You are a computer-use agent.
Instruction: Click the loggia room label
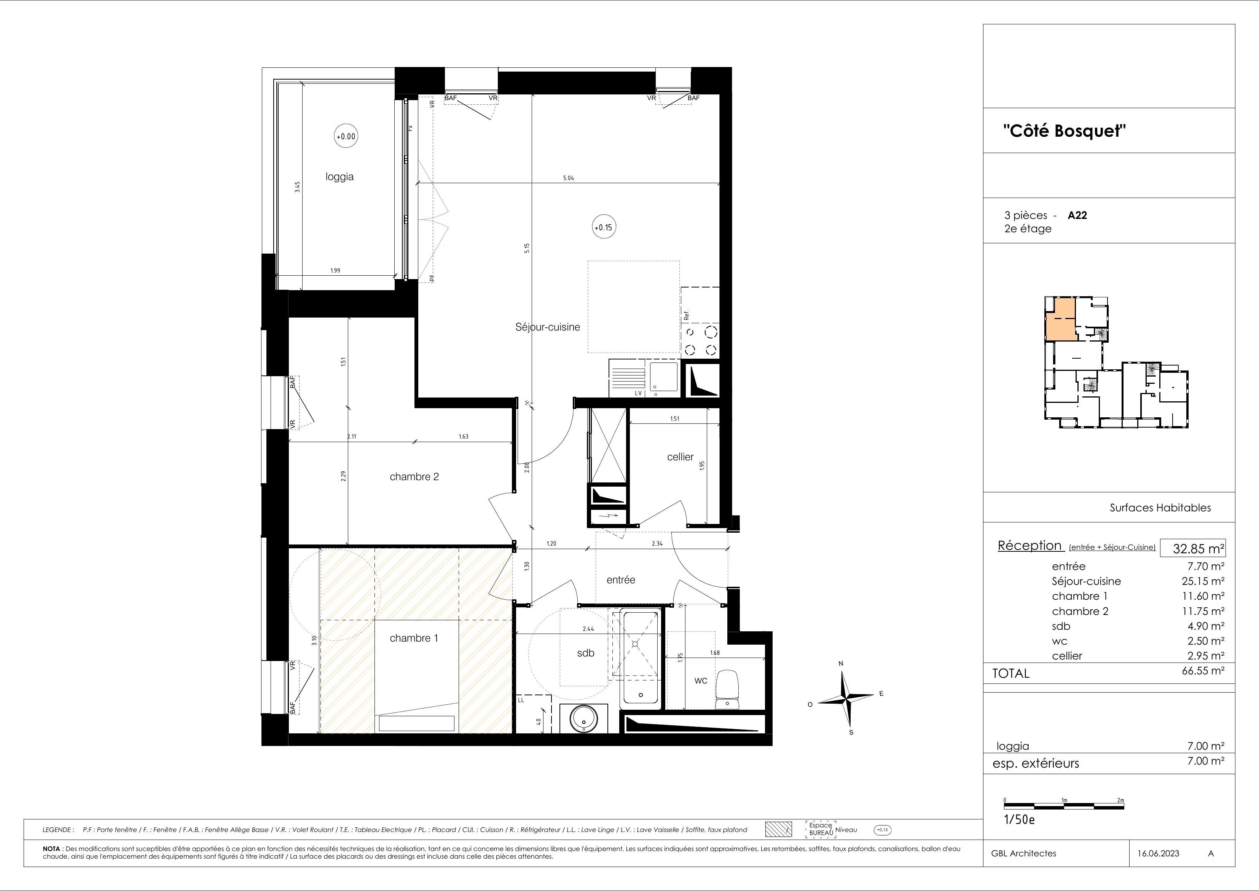(339, 177)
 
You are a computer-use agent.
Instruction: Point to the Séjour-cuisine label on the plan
(547, 327)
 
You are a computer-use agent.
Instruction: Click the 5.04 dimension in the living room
(568, 178)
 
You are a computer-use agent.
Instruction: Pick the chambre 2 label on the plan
(414, 477)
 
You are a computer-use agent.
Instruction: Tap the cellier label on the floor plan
(680, 457)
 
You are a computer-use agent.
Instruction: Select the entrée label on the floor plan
(621, 580)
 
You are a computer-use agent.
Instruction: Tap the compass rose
(848, 699)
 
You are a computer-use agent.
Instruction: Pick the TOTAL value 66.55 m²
(1203, 671)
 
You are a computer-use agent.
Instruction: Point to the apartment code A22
(1077, 216)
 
